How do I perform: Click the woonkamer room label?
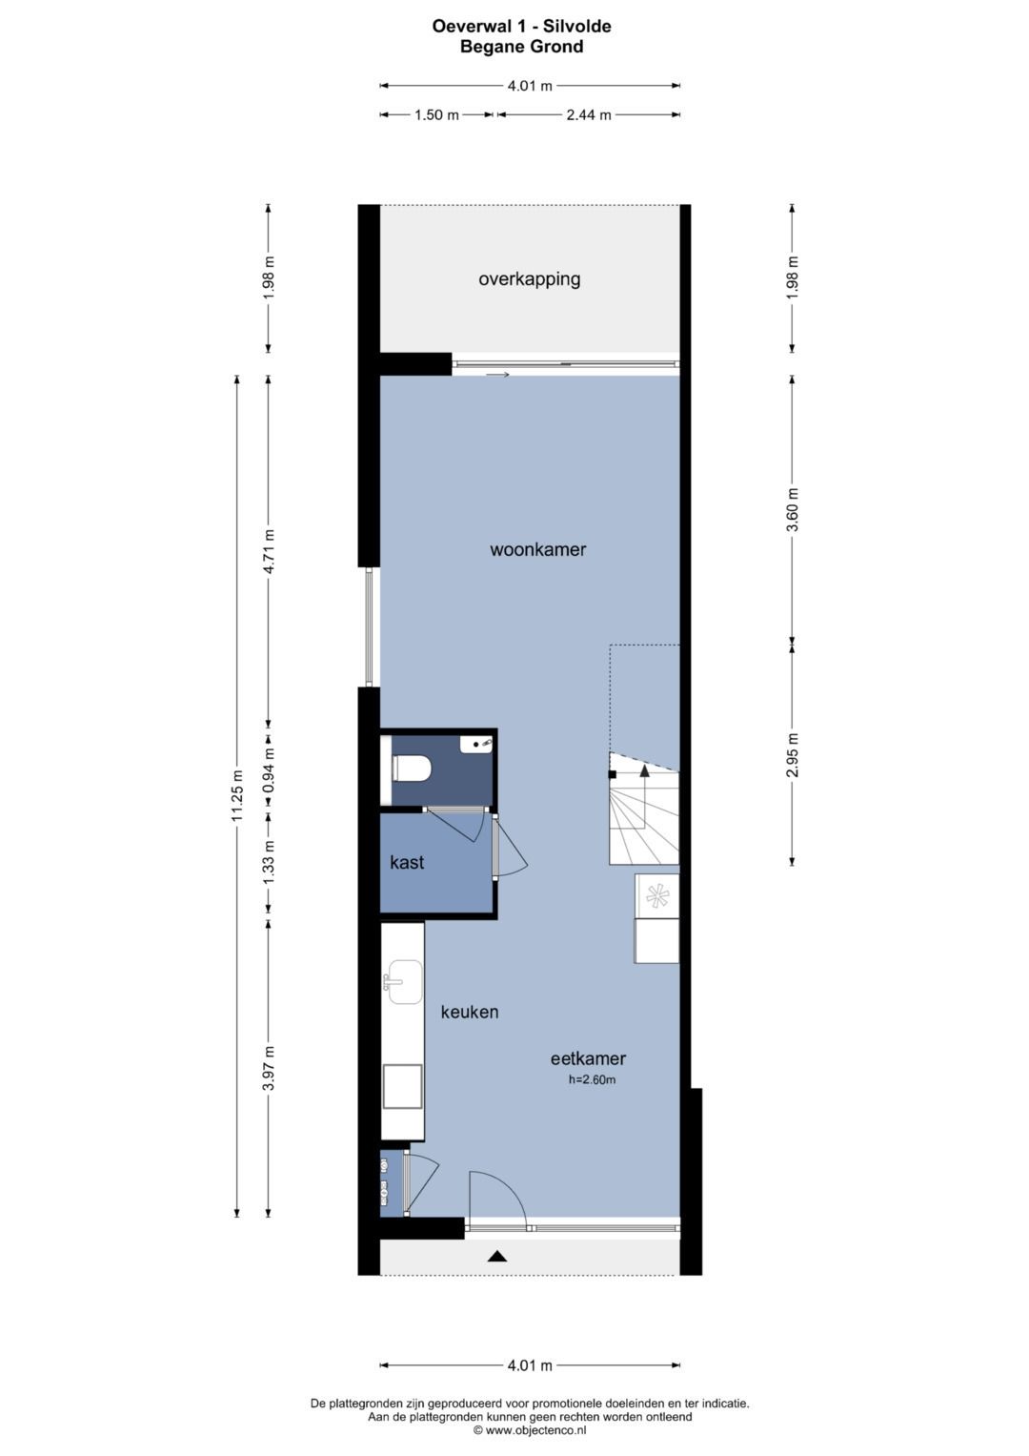(x=538, y=550)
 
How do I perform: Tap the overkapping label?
(x=530, y=279)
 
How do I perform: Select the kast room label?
(x=407, y=863)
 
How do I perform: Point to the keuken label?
(x=470, y=1012)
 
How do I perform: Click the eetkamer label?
(x=588, y=1058)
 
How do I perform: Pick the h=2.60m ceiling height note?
(x=592, y=1080)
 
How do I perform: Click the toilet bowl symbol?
(x=412, y=769)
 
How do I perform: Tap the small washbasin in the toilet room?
(x=476, y=744)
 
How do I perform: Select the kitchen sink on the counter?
(x=403, y=982)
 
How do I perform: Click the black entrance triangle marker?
(x=497, y=1257)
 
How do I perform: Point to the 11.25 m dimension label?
(x=237, y=795)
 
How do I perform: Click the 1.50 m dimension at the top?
(x=437, y=115)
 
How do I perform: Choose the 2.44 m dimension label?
(x=589, y=115)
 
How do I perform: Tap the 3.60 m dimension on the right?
(x=793, y=509)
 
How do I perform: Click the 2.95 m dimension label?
(x=793, y=754)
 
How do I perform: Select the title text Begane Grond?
(x=522, y=47)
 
